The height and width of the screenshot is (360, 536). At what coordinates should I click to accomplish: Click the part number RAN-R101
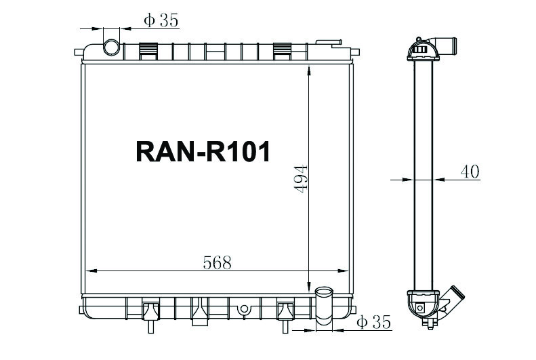(203, 151)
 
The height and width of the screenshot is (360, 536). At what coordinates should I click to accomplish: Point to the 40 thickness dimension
(470, 172)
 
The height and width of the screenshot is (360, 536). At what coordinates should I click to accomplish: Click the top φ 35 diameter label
(161, 21)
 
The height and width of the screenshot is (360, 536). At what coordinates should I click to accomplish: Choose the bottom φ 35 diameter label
(374, 323)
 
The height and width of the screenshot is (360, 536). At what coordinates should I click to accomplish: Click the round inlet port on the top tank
(111, 47)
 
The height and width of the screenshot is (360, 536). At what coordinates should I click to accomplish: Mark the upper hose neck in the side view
(447, 49)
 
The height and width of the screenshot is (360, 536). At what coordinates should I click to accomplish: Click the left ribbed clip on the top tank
(148, 50)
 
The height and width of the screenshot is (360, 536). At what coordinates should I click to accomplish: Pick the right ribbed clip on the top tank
(283, 50)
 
